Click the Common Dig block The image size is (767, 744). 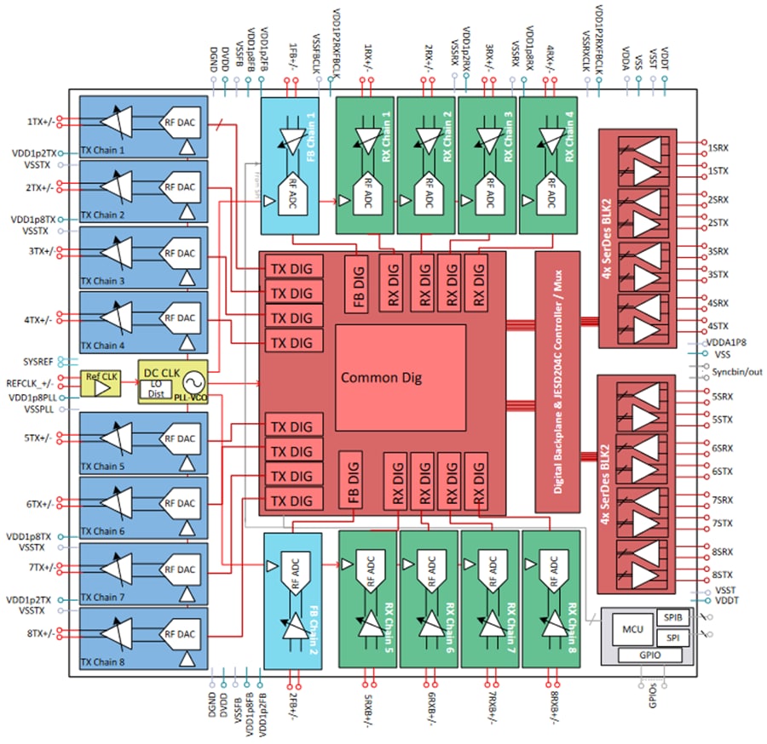coord(401,376)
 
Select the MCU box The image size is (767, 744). coord(631,629)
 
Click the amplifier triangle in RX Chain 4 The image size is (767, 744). coord(548,135)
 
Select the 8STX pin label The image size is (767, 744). coord(722,575)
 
